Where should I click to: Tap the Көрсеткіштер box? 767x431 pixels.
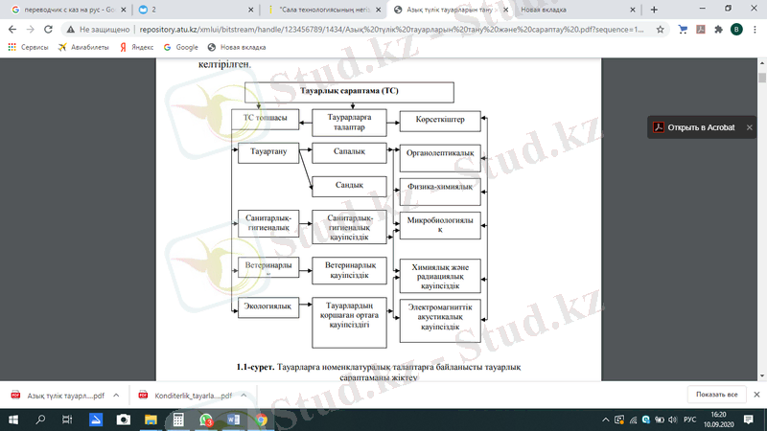point(440,120)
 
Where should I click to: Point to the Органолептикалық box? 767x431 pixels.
point(440,153)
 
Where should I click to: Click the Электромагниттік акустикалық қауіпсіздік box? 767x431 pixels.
point(440,316)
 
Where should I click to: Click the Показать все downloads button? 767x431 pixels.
point(717,395)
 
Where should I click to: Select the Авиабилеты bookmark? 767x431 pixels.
point(84,46)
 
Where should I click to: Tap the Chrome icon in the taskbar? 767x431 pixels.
point(262,420)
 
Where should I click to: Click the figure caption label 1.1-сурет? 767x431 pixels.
point(256,367)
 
